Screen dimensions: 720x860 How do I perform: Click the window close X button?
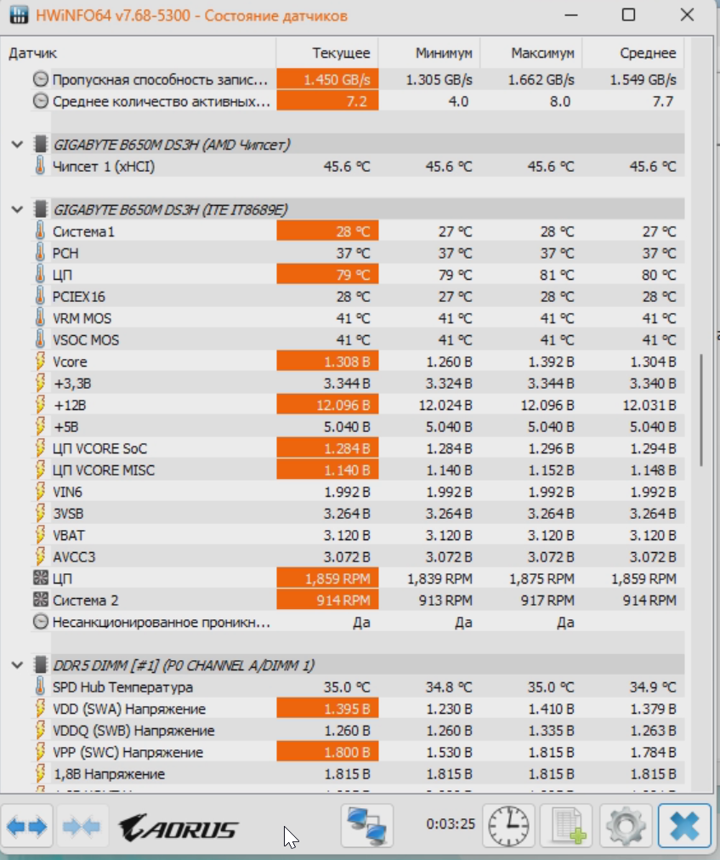point(687,14)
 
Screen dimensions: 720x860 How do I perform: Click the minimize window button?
point(571,15)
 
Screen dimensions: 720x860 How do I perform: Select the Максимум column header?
point(542,53)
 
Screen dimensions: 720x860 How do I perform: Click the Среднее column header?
point(648,53)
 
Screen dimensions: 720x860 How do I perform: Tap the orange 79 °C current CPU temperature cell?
point(327,275)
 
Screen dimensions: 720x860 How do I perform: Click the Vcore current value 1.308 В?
point(327,362)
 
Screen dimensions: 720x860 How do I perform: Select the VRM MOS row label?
point(82,318)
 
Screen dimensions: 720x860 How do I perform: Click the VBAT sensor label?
point(69,535)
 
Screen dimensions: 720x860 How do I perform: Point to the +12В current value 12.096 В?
point(327,405)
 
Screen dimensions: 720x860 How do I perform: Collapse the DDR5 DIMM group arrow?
point(18,665)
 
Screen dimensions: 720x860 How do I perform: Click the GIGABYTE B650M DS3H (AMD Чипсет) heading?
point(172,145)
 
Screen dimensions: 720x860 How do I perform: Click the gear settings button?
point(626,826)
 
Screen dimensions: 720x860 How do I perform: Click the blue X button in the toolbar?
point(685,826)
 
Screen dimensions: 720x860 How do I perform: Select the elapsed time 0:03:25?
point(451,823)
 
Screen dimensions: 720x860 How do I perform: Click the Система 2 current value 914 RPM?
point(327,600)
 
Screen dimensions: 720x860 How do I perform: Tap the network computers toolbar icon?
point(366,826)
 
